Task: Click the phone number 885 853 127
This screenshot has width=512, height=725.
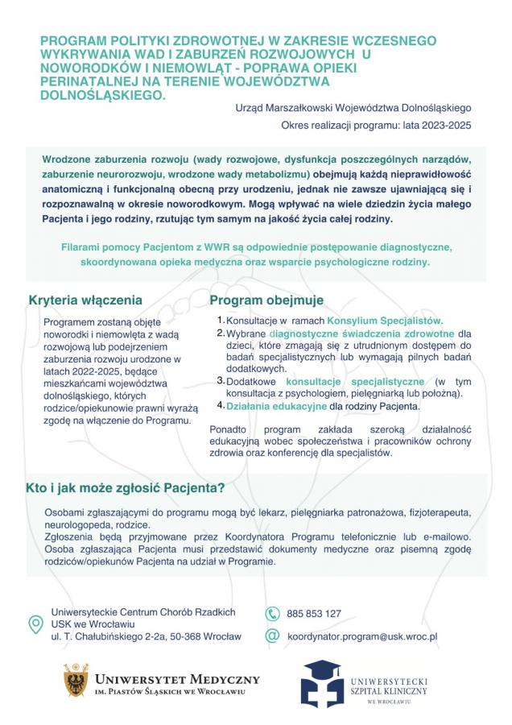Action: coord(314,613)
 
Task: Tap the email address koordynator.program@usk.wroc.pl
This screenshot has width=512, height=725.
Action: coord(362,636)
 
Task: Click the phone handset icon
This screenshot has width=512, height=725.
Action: coord(272,613)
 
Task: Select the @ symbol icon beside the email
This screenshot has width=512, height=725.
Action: coord(272,636)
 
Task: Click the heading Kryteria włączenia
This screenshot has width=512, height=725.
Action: coord(85,300)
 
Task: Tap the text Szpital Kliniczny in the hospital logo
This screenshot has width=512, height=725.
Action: coord(390,690)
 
